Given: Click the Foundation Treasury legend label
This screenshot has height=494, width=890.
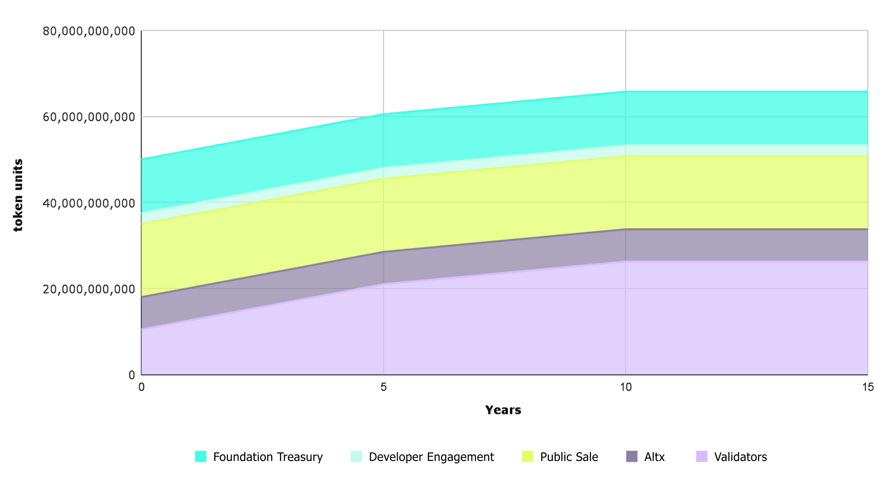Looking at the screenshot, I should [268, 457].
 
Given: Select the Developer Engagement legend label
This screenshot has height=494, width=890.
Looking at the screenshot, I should [431, 457].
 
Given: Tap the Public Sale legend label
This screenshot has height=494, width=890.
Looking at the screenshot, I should [569, 457].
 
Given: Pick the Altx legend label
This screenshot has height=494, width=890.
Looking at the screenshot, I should [654, 457].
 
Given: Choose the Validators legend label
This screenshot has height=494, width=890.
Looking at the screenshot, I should [741, 457].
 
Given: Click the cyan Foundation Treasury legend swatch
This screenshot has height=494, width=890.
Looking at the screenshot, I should [201, 457].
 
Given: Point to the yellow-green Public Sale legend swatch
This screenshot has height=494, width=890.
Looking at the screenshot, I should [528, 457].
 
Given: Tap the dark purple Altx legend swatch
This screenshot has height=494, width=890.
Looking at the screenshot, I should [632, 457].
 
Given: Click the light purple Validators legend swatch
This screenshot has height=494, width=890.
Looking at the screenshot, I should [702, 457].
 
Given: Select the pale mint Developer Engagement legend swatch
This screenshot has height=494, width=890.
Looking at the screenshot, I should [356, 457].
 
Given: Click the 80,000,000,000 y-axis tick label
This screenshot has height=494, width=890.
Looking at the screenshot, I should [89, 31].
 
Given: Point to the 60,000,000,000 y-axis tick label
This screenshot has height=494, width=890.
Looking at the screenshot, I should [89, 117].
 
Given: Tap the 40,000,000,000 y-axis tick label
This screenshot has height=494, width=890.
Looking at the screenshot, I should [89, 203].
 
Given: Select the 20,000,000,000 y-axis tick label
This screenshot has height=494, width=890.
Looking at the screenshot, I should [89, 289].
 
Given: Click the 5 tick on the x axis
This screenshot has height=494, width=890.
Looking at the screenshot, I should [383, 387].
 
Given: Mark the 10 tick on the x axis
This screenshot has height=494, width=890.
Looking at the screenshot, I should [625, 387].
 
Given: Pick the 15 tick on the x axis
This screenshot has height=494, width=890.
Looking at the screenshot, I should [867, 387].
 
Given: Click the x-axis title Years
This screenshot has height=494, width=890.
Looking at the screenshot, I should [503, 410].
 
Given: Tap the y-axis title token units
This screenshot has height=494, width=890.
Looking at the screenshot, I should [18, 195].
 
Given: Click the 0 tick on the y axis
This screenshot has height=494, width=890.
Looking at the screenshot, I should [132, 375].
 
